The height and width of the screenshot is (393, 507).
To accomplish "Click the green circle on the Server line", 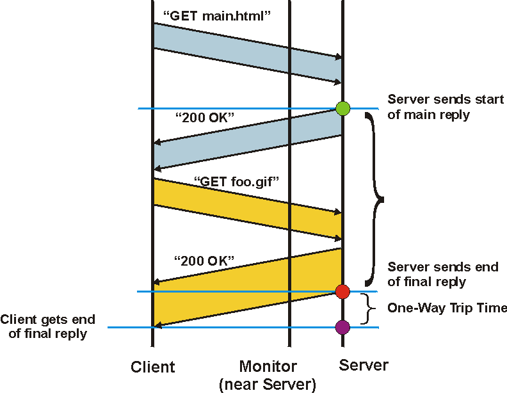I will [x=342, y=108].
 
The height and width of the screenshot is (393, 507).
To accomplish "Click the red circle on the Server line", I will [x=342, y=292].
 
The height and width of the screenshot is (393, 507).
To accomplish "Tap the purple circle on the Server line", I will [x=342, y=328].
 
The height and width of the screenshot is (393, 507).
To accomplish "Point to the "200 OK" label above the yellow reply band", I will [x=204, y=261].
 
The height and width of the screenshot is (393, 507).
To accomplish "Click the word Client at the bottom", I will [x=152, y=367].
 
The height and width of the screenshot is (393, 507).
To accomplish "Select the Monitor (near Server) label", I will [x=268, y=375].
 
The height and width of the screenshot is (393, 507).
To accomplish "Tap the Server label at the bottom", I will [x=363, y=365].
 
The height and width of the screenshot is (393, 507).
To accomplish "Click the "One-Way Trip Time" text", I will [x=447, y=309].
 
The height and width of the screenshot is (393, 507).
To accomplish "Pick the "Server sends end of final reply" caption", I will [x=442, y=274].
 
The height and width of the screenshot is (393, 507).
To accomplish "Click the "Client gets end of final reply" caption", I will [x=47, y=326].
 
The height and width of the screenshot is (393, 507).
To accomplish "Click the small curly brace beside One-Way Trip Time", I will [x=367, y=309].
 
